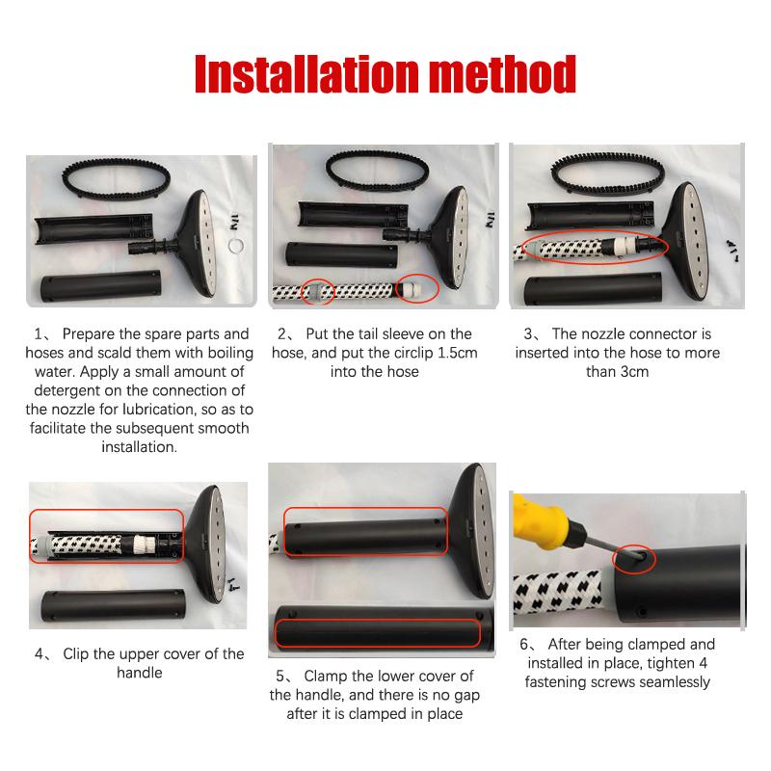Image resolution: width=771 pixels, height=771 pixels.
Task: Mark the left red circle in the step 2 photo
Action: [x=318, y=292]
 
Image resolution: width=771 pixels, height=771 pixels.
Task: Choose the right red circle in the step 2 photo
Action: [x=417, y=287]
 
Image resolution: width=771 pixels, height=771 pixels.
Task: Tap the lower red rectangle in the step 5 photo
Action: [x=377, y=633]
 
